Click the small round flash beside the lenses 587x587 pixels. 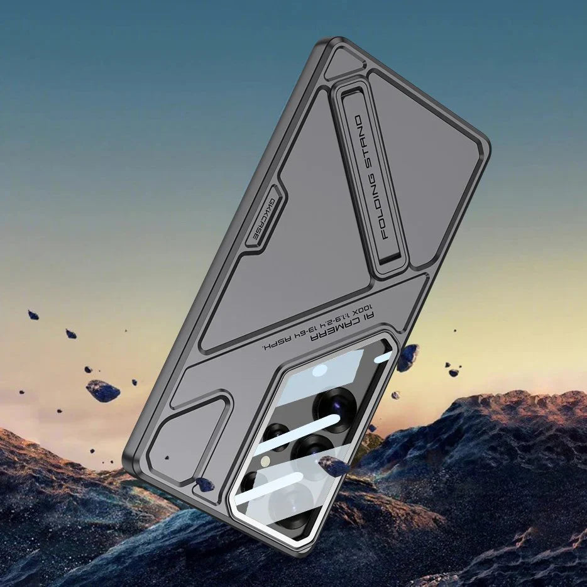pyautogui.click(x=266, y=462)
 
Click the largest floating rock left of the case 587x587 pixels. pyautogui.click(x=102, y=390)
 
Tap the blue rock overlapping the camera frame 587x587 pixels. pyautogui.click(x=333, y=466)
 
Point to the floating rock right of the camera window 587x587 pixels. pyautogui.click(x=407, y=358)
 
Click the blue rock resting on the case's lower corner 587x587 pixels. pyautogui.click(x=205, y=484)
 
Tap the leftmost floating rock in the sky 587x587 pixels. pyautogui.click(x=33, y=314)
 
